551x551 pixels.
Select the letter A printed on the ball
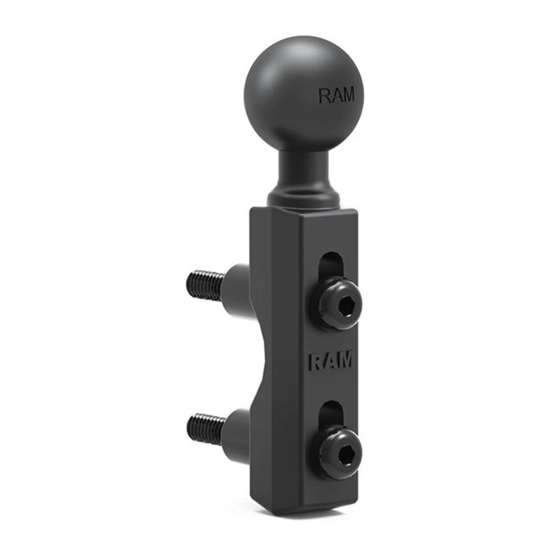tap(335, 96)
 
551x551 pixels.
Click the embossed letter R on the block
tap(314, 363)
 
